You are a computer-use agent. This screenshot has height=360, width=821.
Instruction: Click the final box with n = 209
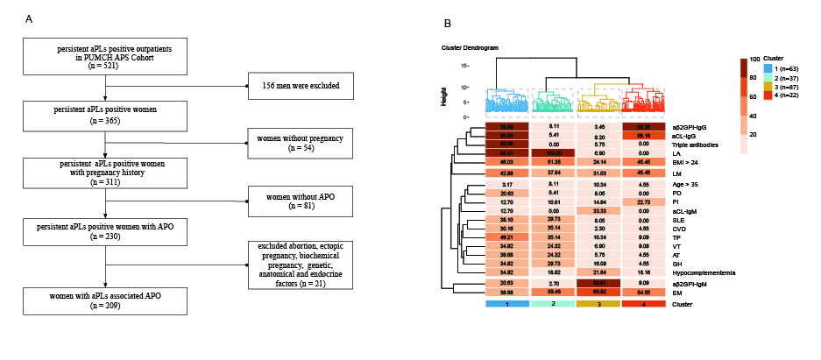click(106, 298)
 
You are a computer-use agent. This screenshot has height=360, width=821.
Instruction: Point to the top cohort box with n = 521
click(106, 58)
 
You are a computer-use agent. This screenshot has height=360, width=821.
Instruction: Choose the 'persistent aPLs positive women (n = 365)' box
click(106, 115)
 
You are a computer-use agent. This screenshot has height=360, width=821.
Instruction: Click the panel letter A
click(30, 18)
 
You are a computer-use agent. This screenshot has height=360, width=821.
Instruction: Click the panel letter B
click(449, 24)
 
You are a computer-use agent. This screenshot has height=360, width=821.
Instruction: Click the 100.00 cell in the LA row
click(553, 153)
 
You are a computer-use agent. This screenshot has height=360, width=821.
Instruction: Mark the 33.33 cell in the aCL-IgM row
click(598, 211)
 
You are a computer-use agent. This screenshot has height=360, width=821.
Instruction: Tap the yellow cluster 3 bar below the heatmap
click(598, 303)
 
